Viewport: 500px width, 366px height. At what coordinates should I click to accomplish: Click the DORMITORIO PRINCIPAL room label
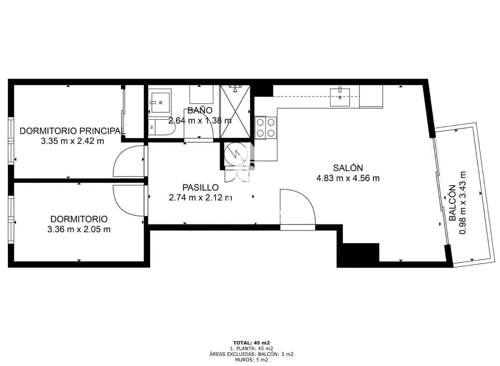click(x=71, y=131)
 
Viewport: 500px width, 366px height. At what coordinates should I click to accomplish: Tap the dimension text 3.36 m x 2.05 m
click(x=79, y=229)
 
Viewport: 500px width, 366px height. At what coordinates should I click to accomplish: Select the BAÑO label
click(x=200, y=110)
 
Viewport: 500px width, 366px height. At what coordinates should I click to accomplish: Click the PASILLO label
click(x=200, y=188)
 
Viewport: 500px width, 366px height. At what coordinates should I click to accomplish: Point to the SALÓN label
click(x=348, y=168)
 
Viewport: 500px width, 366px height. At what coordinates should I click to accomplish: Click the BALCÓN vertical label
click(x=452, y=203)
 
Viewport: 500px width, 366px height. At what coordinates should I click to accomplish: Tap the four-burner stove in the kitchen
click(x=266, y=128)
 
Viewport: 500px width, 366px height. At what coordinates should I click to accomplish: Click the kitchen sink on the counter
click(x=340, y=97)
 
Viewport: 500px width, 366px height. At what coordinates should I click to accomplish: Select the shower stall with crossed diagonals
click(x=235, y=111)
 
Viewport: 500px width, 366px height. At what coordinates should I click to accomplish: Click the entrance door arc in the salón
click(x=298, y=206)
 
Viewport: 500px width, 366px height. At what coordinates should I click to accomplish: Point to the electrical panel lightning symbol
click(x=236, y=154)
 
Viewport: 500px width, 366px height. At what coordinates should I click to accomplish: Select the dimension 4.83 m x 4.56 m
click(x=348, y=178)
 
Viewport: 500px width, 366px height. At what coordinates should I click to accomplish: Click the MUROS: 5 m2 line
click(x=251, y=360)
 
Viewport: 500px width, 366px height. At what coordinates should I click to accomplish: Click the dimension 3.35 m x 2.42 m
click(x=72, y=141)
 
